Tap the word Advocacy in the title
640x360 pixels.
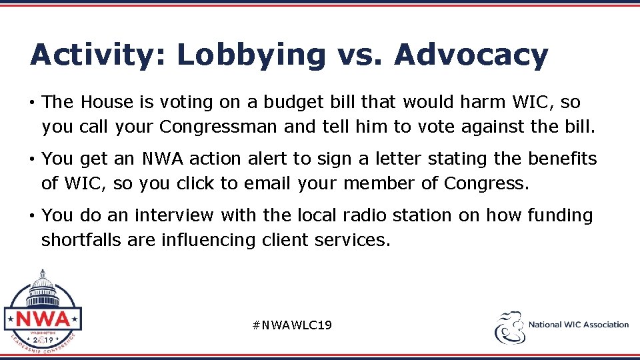coord(471,55)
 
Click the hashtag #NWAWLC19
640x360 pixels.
coord(293,325)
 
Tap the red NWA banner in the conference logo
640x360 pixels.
coord(43,318)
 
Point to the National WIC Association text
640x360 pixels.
coord(579,325)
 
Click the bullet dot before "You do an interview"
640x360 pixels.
coord(32,216)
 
